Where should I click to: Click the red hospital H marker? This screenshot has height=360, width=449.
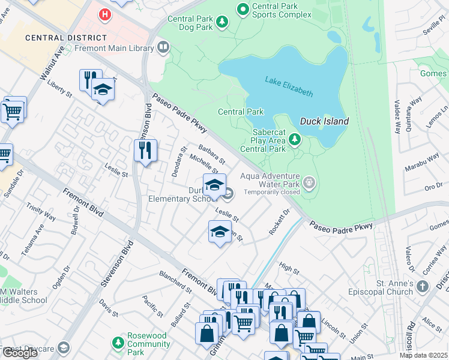click(106, 13)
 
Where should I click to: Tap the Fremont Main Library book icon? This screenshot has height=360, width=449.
click(163, 47)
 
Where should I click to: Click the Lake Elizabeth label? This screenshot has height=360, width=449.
click(289, 86)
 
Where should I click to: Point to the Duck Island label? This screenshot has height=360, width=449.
click(324, 121)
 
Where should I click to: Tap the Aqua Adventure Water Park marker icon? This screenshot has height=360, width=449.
click(309, 182)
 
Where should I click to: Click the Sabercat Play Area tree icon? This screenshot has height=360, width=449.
click(294, 140)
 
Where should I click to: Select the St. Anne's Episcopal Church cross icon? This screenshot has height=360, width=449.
click(424, 286)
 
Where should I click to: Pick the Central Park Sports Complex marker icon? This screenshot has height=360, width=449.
click(243, 9)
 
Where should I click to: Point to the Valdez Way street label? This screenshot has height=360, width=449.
click(397, 116)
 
